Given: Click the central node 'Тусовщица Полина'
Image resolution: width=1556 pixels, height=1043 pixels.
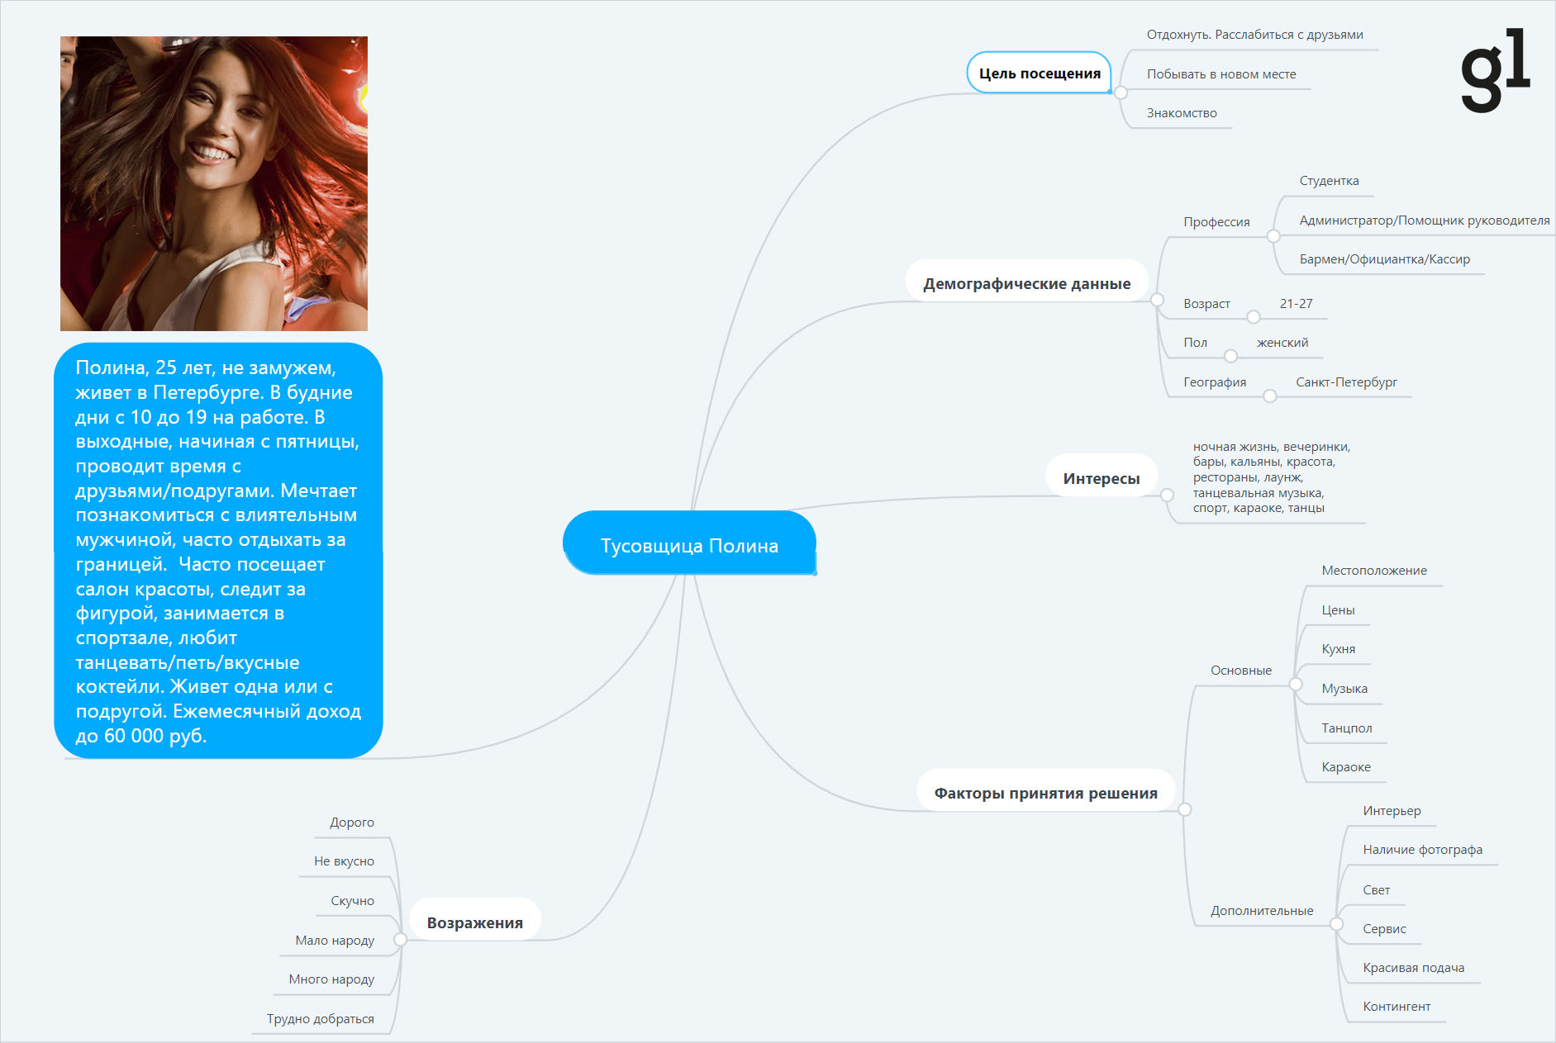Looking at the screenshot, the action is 689,543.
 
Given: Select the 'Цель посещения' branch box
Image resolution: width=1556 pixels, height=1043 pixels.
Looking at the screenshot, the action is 1040,73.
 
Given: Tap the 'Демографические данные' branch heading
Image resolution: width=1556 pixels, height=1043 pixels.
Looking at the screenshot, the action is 1026,283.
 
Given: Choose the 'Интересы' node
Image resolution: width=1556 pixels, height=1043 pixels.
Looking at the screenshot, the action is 1101,478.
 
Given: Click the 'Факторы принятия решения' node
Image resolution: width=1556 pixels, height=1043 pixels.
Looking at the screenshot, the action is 1045,793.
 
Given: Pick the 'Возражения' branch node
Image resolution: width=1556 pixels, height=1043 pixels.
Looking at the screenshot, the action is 474,922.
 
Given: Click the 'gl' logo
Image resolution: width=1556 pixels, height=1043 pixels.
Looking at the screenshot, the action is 1496,70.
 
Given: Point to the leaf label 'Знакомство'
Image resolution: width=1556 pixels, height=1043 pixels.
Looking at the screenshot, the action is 1181,113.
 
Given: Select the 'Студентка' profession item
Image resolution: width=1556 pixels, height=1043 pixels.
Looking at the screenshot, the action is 1329,181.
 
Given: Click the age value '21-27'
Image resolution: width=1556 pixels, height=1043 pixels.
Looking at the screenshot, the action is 1296,304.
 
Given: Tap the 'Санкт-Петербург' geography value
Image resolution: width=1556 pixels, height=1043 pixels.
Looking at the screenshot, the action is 1346,382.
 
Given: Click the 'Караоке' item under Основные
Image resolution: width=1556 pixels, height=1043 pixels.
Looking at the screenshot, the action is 1346,767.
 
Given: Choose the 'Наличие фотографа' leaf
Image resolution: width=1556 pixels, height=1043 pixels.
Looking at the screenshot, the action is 1422,850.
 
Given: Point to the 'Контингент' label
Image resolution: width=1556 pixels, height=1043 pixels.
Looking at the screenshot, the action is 1397,1007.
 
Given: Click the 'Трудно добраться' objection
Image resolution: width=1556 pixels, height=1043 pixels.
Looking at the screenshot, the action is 321,1019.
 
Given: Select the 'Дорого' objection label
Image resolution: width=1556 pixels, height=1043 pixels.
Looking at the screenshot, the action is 352,823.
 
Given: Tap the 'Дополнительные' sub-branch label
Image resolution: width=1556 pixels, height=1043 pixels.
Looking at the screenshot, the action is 1262,911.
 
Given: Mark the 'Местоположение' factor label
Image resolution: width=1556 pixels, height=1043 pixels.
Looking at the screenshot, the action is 1374,571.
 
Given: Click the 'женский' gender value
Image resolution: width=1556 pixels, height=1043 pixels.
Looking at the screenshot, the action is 1282,343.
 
